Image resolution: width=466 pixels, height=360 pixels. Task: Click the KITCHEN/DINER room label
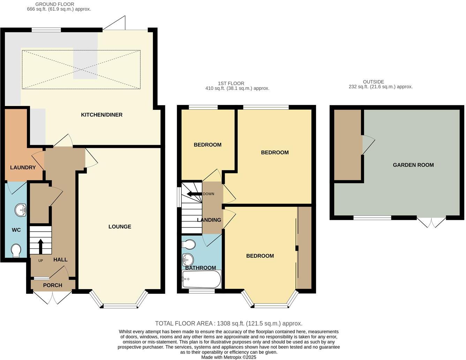click(102, 115)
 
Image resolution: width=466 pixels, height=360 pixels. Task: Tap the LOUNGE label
click(120, 227)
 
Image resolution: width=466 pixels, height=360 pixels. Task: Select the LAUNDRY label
click(23, 167)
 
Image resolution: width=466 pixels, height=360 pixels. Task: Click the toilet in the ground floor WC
click(16, 251)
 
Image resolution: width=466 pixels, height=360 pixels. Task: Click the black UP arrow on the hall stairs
click(40, 246)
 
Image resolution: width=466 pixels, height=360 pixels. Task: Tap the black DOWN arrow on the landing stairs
click(194, 194)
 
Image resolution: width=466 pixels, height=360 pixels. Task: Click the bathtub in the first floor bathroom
click(201, 279)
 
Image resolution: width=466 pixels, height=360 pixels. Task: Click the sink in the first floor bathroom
click(187, 260)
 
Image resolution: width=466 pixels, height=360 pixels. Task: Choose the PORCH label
click(53, 285)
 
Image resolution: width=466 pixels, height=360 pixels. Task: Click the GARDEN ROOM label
click(413, 165)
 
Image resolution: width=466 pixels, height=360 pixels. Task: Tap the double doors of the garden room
click(431, 222)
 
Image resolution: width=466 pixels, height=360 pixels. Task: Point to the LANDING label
click(209, 220)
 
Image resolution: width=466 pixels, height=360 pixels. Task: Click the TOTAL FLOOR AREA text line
click(228, 323)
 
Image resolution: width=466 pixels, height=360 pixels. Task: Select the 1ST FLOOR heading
click(231, 83)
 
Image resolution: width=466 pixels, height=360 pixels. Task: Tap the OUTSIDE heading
click(373, 82)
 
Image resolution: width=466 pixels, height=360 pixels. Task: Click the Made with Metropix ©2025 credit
click(228, 357)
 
